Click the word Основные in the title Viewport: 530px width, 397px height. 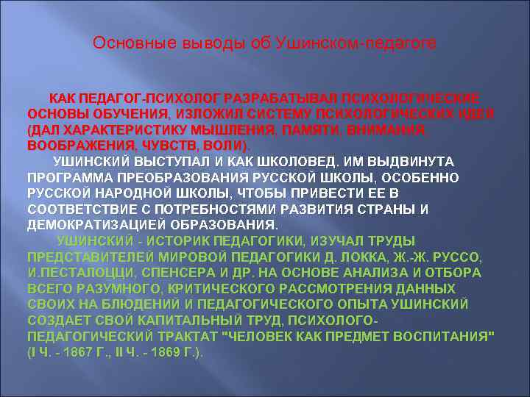tap(126, 44)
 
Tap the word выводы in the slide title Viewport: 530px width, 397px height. tap(197, 44)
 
